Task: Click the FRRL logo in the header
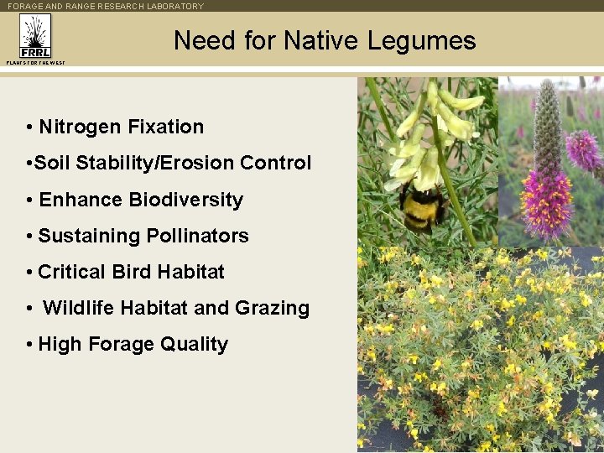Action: click(x=34, y=37)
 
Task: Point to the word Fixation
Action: click(x=165, y=128)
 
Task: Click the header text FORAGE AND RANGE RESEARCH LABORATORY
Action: click(x=106, y=6)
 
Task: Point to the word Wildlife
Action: click(x=79, y=308)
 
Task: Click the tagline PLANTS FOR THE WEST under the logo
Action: click(x=34, y=62)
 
